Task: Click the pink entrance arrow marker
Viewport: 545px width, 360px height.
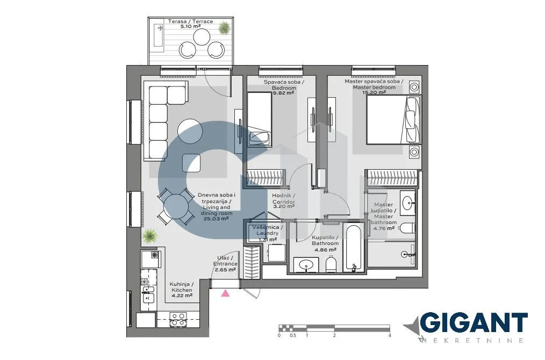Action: [x=226, y=293]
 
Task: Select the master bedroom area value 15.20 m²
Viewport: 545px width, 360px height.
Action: [x=374, y=92]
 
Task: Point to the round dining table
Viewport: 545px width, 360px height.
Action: [x=176, y=206]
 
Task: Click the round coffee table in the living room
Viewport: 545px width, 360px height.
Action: [x=191, y=131]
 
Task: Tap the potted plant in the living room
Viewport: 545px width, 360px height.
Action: [x=150, y=235]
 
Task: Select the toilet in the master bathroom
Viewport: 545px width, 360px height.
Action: [x=407, y=228]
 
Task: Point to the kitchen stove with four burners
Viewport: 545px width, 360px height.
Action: [x=178, y=319]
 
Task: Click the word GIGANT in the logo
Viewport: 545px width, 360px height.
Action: [x=473, y=323]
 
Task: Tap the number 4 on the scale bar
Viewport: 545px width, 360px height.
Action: [x=389, y=335]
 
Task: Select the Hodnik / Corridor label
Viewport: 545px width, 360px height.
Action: [x=283, y=199]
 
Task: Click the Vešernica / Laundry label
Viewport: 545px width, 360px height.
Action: [x=267, y=231]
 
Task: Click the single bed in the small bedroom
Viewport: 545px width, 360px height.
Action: [x=259, y=119]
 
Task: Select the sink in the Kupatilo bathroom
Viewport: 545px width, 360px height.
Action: [x=306, y=264]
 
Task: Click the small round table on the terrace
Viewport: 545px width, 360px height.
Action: [x=202, y=37]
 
